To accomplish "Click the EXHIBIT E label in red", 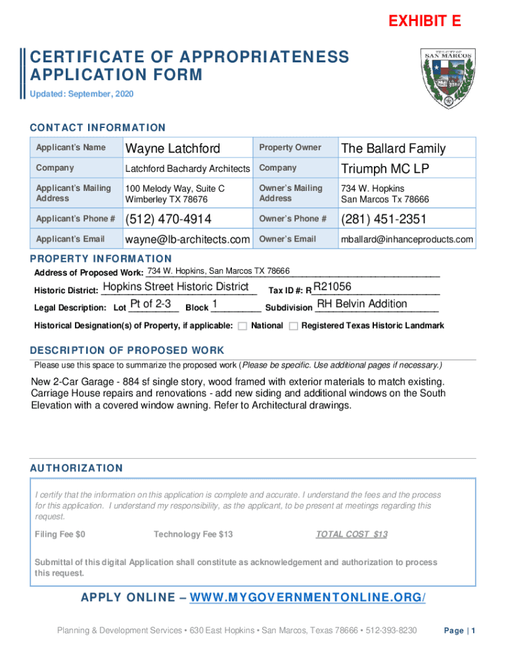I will (x=425, y=22).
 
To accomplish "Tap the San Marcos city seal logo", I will (x=445, y=77).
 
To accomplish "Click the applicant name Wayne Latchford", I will (x=173, y=149).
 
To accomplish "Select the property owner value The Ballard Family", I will (x=393, y=149).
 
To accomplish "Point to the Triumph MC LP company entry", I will (x=384, y=169).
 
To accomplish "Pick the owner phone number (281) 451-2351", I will (x=383, y=219).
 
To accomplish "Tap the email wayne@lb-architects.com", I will (x=187, y=240).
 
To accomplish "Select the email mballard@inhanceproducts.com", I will (x=406, y=240).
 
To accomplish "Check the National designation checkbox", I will (x=242, y=326).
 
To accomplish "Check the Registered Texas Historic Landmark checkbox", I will (x=293, y=326).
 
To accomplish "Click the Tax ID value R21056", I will (x=333, y=287).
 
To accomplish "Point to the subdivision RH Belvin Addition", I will (x=362, y=304).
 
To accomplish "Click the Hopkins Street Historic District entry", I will (x=176, y=287).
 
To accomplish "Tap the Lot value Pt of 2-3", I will (x=151, y=304).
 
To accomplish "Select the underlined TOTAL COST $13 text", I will (x=352, y=534).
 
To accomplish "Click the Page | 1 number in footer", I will (x=459, y=631).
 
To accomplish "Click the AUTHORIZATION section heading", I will (x=76, y=469).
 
